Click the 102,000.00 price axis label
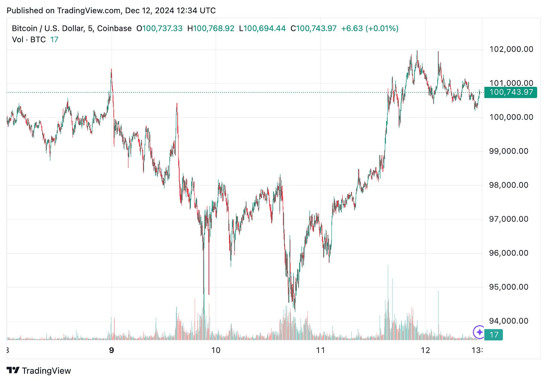tap(511, 49)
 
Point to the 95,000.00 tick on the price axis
tap(508, 287)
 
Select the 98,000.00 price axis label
tap(508, 185)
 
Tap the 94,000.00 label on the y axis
tap(508, 321)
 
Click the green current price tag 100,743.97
tap(511, 92)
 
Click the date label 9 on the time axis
tap(112, 350)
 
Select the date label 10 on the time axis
tap(216, 350)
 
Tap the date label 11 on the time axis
tap(320, 350)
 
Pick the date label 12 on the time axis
tap(425, 350)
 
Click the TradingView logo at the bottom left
tap(39, 371)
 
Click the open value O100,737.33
tap(159, 29)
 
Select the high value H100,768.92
tap(211, 29)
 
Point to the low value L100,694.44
tap(262, 29)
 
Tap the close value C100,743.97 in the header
tap(314, 29)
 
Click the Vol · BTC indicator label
tap(29, 39)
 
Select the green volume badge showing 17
tap(493, 335)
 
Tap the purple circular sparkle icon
tap(479, 332)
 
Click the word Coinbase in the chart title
tap(114, 29)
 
